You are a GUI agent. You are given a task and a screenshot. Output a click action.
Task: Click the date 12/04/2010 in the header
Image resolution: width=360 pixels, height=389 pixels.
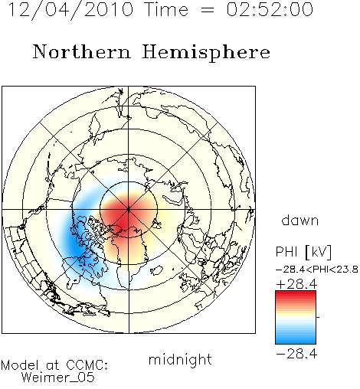click(x=70, y=10)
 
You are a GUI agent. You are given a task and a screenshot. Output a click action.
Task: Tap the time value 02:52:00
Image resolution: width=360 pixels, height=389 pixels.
click(x=270, y=9)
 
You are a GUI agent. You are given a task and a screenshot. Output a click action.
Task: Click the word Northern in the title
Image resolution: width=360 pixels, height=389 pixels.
click(x=81, y=51)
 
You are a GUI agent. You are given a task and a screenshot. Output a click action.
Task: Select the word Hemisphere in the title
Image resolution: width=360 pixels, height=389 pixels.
click(x=206, y=53)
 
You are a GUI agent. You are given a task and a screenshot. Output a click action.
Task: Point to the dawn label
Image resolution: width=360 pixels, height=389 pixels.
click(x=300, y=220)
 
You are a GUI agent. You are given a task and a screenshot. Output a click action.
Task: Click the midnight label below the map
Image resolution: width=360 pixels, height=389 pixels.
click(x=180, y=359)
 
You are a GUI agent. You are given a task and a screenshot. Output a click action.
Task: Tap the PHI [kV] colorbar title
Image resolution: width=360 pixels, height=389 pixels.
click(x=303, y=252)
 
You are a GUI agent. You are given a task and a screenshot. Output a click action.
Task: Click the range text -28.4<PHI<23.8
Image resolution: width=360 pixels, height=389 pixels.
click(x=316, y=270)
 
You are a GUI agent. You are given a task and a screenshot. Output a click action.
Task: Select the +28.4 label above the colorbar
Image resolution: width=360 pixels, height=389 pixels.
click(x=296, y=284)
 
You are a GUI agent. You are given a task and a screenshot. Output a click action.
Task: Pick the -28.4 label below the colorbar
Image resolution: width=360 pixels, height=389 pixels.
click(x=296, y=354)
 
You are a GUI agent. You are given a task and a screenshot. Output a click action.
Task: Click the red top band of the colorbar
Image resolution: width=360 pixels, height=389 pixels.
click(x=296, y=294)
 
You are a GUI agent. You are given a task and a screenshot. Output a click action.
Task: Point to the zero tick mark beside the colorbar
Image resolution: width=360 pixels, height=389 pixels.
click(x=318, y=317)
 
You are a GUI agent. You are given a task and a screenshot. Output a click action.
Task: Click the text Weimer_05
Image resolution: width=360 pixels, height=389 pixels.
click(x=58, y=377)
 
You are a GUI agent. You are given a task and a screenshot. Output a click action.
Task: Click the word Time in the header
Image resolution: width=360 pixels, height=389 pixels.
click(x=166, y=9)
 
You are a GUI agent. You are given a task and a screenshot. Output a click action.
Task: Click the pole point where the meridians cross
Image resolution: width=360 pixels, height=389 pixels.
click(x=129, y=210)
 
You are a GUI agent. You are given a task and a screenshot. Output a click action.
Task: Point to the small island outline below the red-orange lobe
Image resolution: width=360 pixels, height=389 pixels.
click(x=157, y=270)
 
